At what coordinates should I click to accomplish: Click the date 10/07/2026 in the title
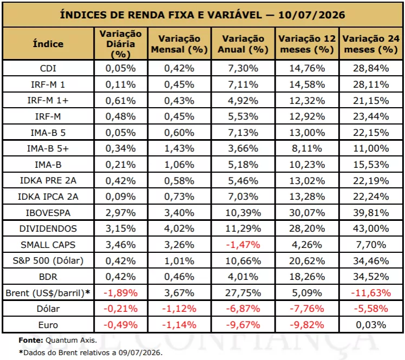tap(311, 15)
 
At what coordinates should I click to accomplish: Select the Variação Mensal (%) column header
tap(179, 44)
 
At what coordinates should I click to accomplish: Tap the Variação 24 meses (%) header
tap(371, 44)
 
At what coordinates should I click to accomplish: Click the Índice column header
tap(48, 44)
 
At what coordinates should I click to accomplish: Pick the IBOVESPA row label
tap(48, 213)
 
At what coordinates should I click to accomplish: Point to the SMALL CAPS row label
tap(48, 245)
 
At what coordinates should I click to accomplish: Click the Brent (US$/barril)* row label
tap(48, 293)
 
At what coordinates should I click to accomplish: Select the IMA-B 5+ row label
tap(48, 148)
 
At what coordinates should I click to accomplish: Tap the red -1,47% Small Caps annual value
tap(243, 245)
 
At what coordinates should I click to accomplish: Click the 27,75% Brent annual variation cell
tap(243, 293)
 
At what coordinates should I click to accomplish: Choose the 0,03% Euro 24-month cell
tap(371, 325)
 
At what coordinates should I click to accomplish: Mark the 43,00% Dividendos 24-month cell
tap(371, 228)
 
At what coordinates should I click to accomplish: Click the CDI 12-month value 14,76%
tap(307, 68)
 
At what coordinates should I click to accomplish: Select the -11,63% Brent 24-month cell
tap(371, 293)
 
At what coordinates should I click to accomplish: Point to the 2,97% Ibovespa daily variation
tap(121, 213)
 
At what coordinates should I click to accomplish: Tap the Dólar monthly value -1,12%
tap(179, 309)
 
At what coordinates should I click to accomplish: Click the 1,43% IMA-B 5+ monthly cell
tap(179, 148)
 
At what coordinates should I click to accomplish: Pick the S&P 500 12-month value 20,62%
tap(307, 261)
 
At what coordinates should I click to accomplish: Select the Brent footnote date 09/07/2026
tap(140, 352)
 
